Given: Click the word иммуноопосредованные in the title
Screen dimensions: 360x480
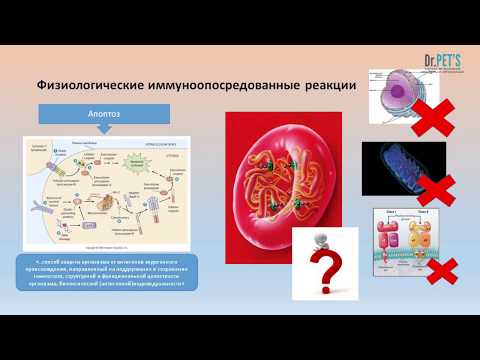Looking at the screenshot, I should click(225, 86).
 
